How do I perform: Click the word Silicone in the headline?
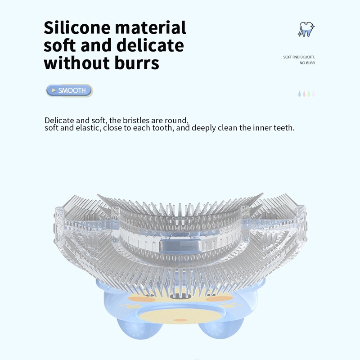pos(76,27)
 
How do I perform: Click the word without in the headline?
pos(75,63)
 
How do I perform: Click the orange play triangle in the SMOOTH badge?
pos(54,90)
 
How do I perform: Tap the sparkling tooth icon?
pos(306,29)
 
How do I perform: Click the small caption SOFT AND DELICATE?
pos(299,57)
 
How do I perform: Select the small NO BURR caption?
pos(307,63)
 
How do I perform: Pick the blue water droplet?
pos(299,94)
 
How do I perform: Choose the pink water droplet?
pos(304,94)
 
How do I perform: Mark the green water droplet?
pos(309,94)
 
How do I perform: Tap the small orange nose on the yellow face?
pos(180,320)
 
